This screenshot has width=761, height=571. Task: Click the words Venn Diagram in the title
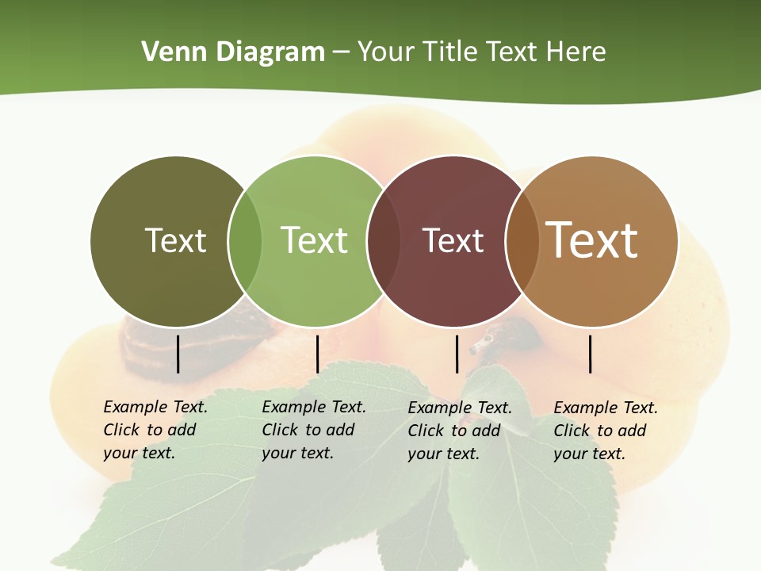pos(233,52)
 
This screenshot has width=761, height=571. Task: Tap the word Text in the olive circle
pos(175,240)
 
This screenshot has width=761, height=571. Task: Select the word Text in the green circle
pos(314,240)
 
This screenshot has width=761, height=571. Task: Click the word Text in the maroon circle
pos(453,240)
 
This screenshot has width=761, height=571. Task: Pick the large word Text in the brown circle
pos(592,240)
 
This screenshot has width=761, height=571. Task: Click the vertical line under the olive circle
pos(178,354)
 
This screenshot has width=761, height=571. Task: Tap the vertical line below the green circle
pos(317,354)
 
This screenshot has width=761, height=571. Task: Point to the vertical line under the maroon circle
pos(457,354)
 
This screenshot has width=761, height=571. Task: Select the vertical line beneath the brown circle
pos(591,354)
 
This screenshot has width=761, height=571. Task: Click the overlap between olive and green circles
pos(245,240)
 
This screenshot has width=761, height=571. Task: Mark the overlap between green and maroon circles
pos(384,240)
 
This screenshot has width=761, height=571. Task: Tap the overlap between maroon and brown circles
pos(522,240)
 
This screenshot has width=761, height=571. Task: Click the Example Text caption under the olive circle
pos(155,430)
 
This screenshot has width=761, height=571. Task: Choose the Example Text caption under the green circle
pos(313,430)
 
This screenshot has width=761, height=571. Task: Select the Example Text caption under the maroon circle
pos(459,431)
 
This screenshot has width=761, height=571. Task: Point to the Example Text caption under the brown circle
pos(605,431)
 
